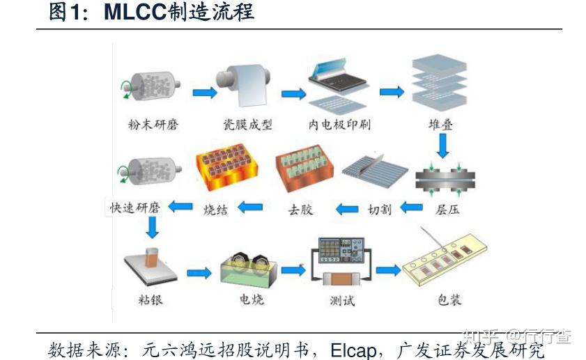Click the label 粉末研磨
(x=153, y=125)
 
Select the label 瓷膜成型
(x=247, y=125)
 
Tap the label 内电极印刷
(x=339, y=125)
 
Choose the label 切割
(x=379, y=208)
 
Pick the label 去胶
(x=300, y=208)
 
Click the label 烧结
(x=216, y=208)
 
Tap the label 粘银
(x=151, y=300)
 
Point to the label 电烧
(x=252, y=300)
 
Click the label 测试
(x=341, y=300)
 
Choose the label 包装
(x=449, y=300)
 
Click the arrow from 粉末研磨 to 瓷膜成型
(x=204, y=93)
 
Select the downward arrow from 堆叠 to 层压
(x=442, y=146)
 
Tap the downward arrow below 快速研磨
(x=152, y=227)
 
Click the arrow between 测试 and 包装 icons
(x=387, y=270)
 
